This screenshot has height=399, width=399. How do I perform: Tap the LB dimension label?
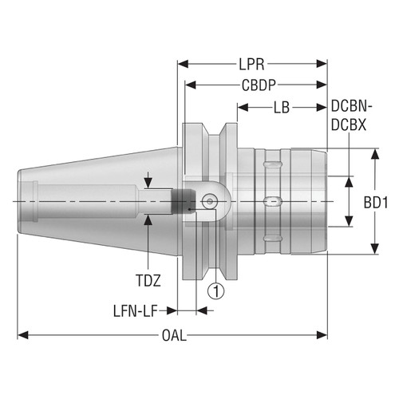click(281, 106)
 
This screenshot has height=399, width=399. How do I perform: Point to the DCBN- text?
click(350, 107)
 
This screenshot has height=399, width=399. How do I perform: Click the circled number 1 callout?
click(215, 290)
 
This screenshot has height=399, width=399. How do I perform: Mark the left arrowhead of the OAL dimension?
click(22, 334)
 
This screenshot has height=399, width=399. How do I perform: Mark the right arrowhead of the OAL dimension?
click(324, 334)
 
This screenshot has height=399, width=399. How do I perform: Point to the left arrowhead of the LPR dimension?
click(181, 62)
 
